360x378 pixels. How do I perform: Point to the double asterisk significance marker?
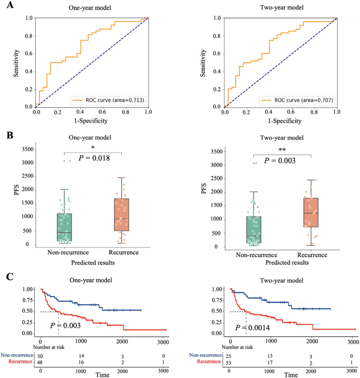click(x=282, y=149)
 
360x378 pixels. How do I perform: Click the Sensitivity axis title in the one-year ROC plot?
click(x=16, y=62)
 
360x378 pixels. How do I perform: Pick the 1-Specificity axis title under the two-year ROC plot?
click(x=280, y=120)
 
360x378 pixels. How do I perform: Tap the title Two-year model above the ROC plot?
click(x=280, y=8)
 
